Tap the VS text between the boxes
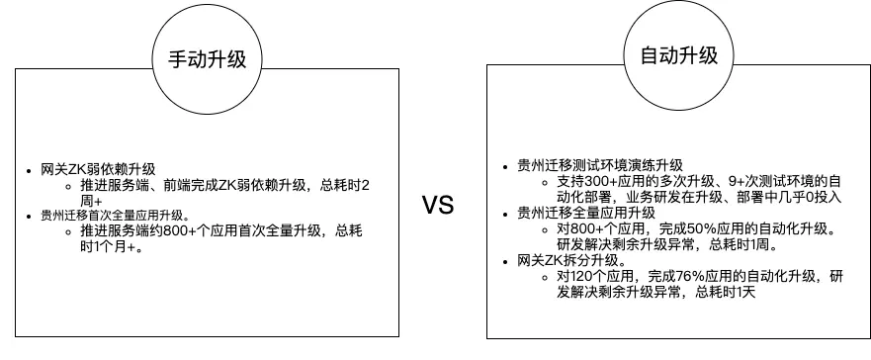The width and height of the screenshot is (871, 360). pos(437,205)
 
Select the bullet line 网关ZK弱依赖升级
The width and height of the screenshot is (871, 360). pos(98,169)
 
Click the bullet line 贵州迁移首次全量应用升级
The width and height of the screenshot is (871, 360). pos(115,215)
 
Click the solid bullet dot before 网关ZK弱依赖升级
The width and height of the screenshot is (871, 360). pos(32,170)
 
